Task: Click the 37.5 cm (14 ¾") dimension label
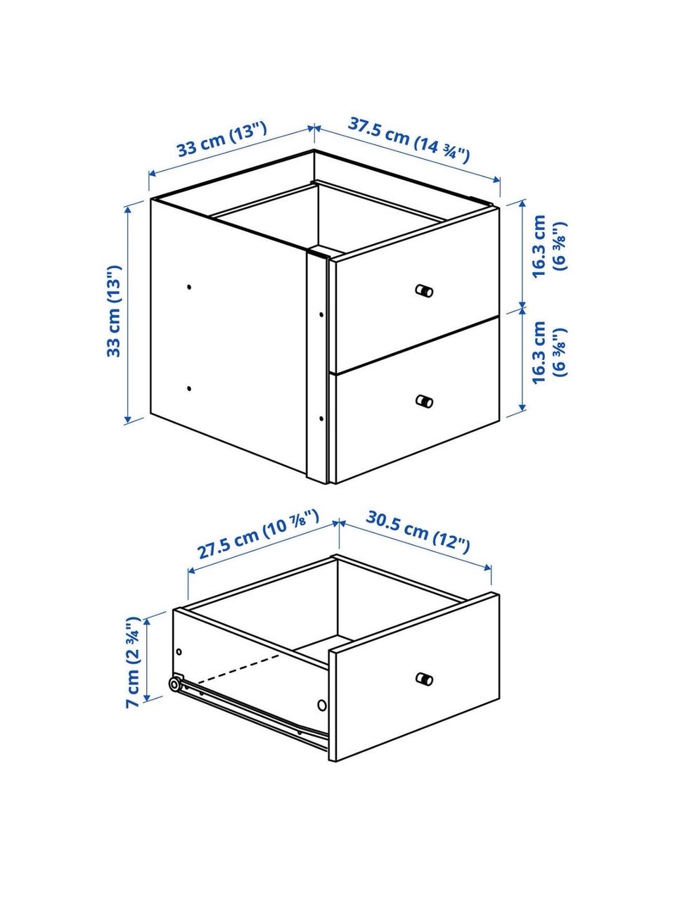tap(409, 139)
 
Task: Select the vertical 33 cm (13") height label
tap(115, 311)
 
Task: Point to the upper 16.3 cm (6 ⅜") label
tap(549, 246)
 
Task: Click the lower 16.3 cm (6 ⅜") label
tap(549, 352)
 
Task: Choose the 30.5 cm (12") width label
tap(418, 532)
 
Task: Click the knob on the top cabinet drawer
tap(424, 290)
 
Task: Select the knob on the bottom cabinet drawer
tap(424, 401)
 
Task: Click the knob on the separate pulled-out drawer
tap(424, 679)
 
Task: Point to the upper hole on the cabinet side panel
tap(188, 287)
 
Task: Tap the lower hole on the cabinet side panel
tap(188, 388)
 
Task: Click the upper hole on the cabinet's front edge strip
tap(321, 314)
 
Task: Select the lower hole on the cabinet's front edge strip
tap(321, 418)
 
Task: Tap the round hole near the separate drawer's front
tap(322, 705)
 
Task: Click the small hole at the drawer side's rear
tap(179, 651)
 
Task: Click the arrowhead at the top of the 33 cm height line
tap(127, 209)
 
